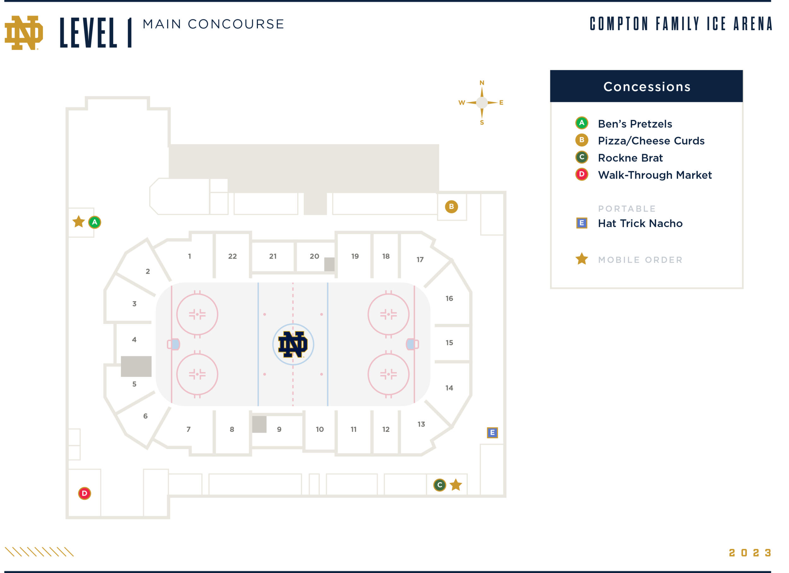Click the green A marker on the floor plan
tap(95, 222)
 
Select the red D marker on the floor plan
tap(85, 493)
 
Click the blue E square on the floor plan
tap(492, 433)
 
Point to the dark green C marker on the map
tap(440, 485)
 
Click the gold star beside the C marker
tap(456, 485)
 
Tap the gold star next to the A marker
tap(79, 222)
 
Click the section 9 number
tap(279, 429)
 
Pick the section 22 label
tap(232, 256)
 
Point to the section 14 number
tap(449, 388)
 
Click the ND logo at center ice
tap(293, 344)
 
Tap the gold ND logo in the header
tap(24, 33)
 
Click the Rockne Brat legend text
tap(630, 158)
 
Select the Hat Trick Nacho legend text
tap(640, 223)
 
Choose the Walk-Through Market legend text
tap(655, 175)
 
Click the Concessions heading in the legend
tap(647, 87)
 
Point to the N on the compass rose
tap(482, 83)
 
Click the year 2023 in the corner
tap(750, 553)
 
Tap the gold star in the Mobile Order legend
tap(582, 259)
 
